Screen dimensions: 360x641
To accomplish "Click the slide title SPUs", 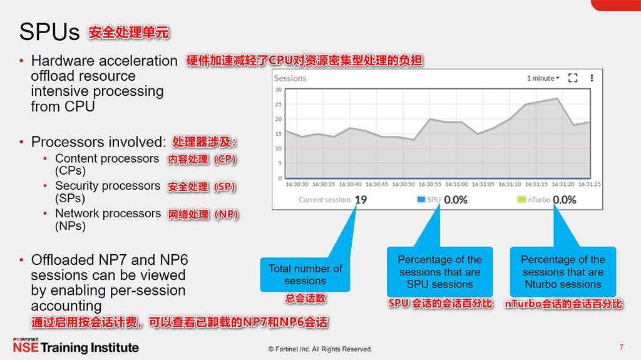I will click(x=49, y=32).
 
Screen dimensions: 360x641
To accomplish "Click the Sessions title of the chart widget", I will click(x=290, y=78).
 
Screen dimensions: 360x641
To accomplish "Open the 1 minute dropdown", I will click(x=543, y=78).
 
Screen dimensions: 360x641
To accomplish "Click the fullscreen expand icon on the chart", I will click(x=572, y=78).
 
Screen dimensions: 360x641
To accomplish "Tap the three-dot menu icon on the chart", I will click(x=592, y=78).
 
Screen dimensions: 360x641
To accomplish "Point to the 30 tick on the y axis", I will click(x=279, y=90).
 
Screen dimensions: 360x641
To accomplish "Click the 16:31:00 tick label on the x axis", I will click(x=456, y=185).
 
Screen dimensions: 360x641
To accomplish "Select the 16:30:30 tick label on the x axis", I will click(x=297, y=185).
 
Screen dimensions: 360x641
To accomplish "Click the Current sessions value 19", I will click(x=361, y=200).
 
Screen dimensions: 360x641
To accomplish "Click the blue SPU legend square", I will click(x=421, y=200).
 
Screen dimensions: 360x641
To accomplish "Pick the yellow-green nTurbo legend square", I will click(x=521, y=200).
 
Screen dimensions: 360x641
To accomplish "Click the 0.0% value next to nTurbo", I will click(x=564, y=200).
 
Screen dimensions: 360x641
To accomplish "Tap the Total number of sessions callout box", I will click(x=305, y=275).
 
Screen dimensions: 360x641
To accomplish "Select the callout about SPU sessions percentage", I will click(x=439, y=272).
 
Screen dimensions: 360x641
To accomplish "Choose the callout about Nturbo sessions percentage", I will click(x=563, y=272).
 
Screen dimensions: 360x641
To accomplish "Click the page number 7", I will click(x=621, y=347).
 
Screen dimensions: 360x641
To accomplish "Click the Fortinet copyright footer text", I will click(x=320, y=349).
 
